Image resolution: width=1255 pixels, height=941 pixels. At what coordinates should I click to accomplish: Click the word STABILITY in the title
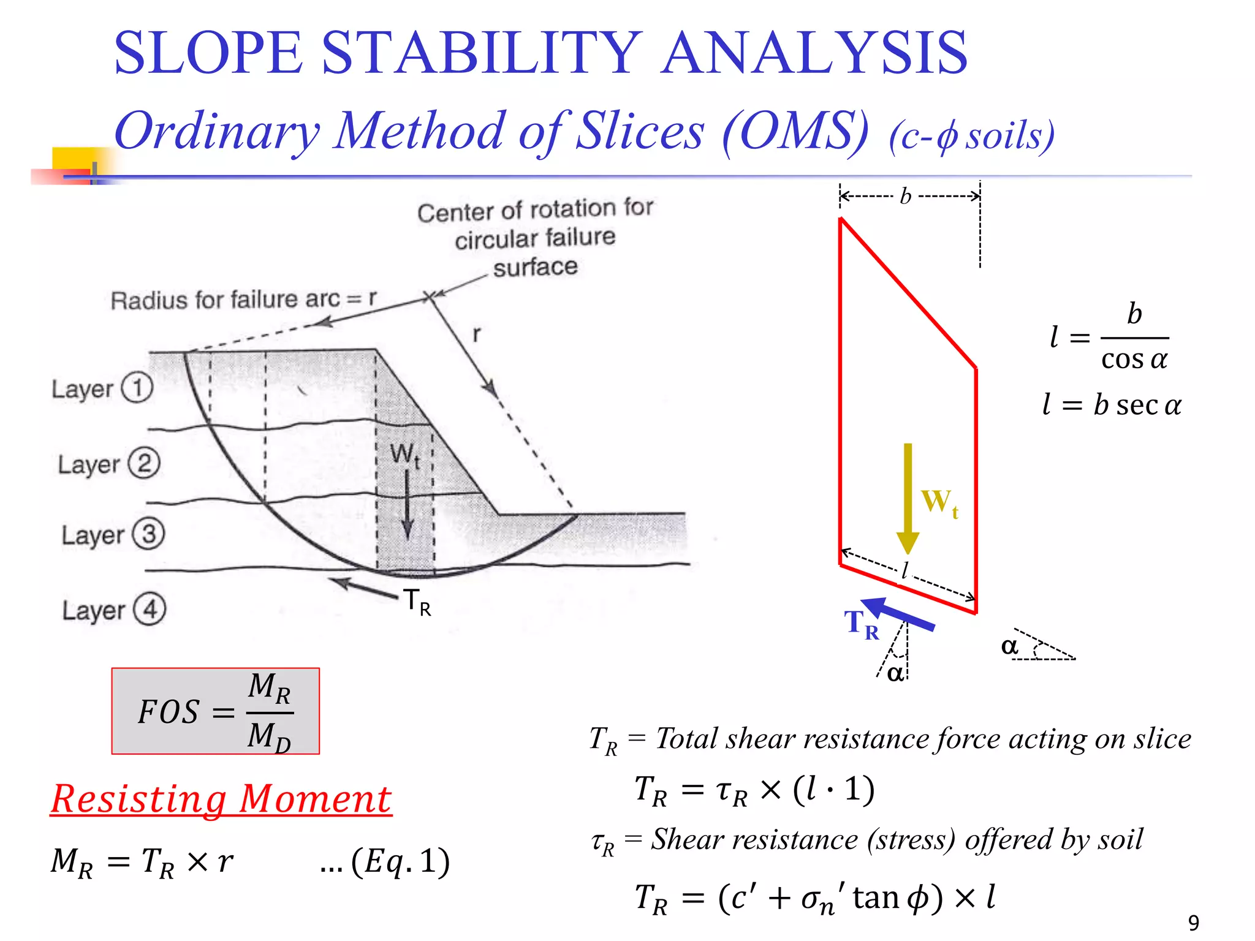(x=481, y=53)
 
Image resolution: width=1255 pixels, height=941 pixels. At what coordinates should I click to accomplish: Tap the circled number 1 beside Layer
(x=137, y=388)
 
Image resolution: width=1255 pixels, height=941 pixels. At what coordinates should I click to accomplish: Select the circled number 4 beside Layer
(x=150, y=610)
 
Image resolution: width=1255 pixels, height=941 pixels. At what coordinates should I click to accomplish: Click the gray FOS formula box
(x=215, y=711)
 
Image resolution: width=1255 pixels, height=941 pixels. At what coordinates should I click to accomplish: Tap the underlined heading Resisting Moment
(x=221, y=799)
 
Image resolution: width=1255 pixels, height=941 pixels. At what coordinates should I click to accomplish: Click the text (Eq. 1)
(x=400, y=861)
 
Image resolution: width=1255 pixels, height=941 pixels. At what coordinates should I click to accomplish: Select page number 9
(x=1193, y=923)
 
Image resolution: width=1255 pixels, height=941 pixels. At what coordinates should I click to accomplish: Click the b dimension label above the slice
(x=906, y=197)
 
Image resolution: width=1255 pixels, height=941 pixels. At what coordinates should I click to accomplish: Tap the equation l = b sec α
(x=1111, y=405)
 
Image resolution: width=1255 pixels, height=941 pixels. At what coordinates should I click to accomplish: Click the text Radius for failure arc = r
(x=243, y=300)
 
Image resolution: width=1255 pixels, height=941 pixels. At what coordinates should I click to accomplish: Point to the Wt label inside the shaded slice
(x=404, y=455)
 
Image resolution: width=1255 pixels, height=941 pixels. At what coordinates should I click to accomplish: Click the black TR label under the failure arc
(x=417, y=602)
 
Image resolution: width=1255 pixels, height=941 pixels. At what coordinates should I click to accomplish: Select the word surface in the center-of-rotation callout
(x=535, y=267)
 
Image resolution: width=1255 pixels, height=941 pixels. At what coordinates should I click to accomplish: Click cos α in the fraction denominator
(x=1134, y=359)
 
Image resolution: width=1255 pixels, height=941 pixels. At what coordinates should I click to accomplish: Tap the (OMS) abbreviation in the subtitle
(x=795, y=132)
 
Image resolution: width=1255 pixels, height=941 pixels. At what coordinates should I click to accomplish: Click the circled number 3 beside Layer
(x=149, y=534)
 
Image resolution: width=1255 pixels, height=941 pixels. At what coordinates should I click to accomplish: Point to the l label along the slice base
(x=904, y=571)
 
